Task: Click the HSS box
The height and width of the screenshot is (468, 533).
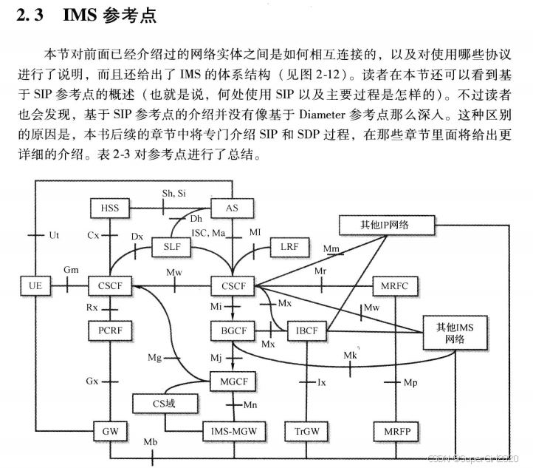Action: [x=109, y=208]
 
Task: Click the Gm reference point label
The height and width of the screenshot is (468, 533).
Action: [x=72, y=271]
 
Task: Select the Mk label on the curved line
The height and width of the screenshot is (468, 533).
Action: [x=351, y=356]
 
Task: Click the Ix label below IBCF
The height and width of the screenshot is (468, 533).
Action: [x=321, y=382]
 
